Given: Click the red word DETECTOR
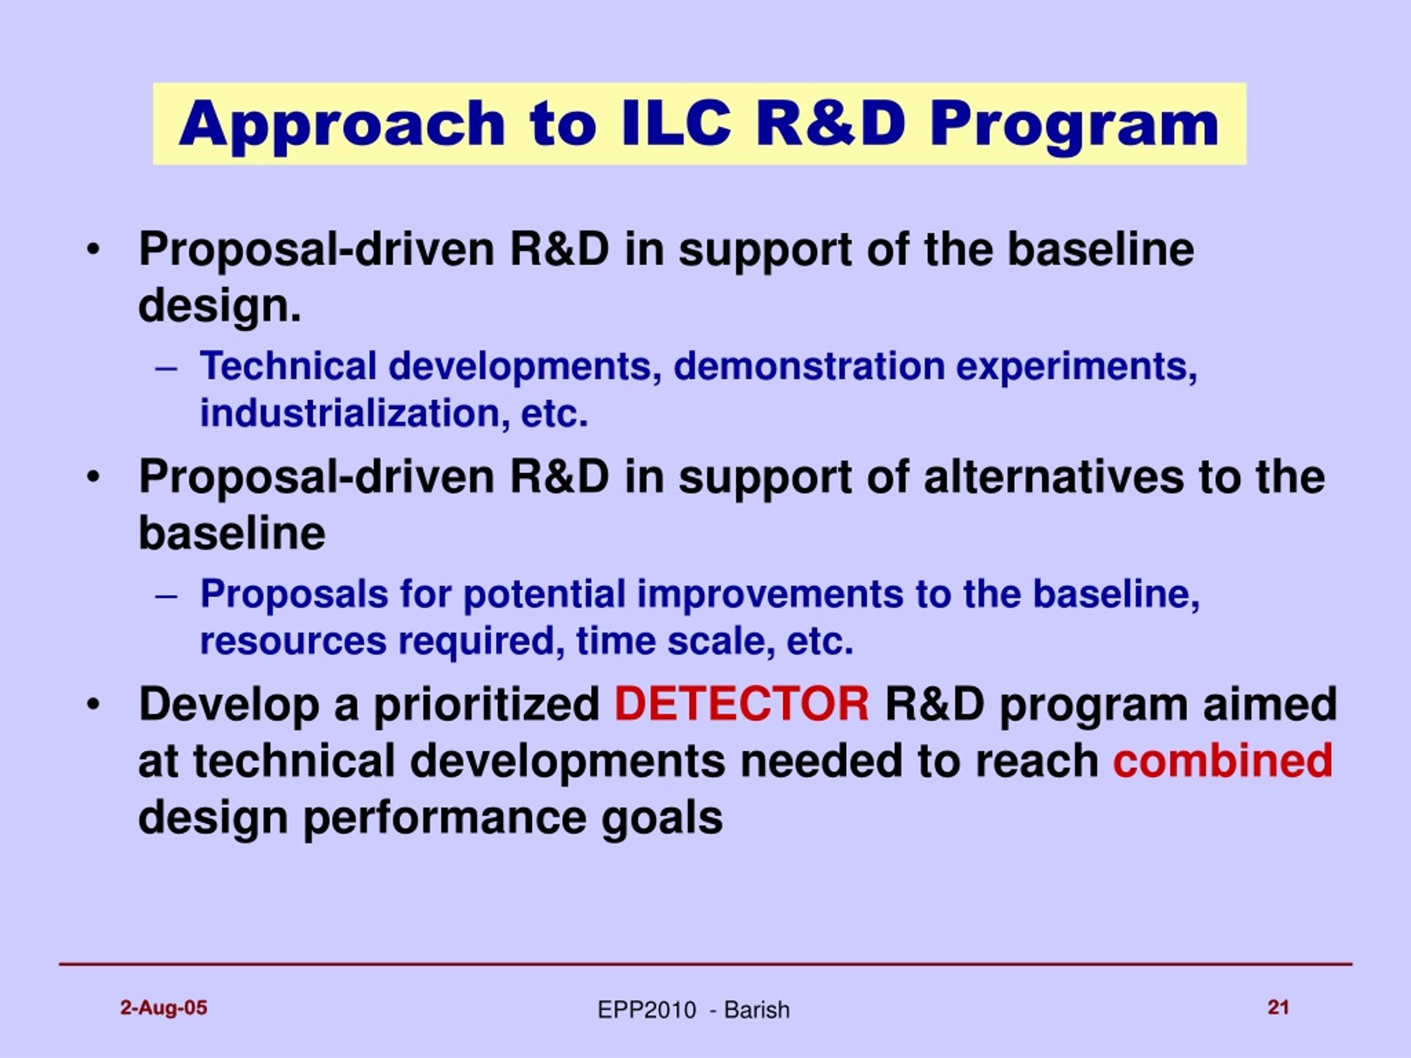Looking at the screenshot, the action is pyautogui.click(x=741, y=704).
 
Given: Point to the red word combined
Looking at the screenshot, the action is pyautogui.click(x=1223, y=760).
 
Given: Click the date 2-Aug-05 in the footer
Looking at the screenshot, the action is pyautogui.click(x=164, y=1008).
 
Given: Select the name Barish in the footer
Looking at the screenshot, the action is pyautogui.click(x=757, y=1010).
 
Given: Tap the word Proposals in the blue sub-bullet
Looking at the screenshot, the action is pyautogui.click(x=294, y=595).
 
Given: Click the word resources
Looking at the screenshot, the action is pyautogui.click(x=293, y=641).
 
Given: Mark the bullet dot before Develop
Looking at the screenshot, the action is pyautogui.click(x=93, y=705).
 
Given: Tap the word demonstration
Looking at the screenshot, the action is pyautogui.click(x=808, y=366).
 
